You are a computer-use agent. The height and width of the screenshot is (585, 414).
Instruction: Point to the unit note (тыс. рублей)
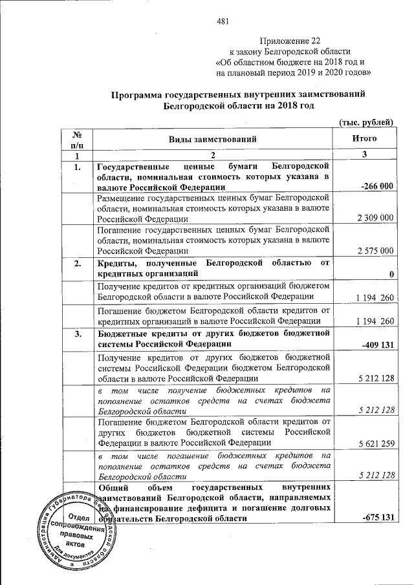(367, 122)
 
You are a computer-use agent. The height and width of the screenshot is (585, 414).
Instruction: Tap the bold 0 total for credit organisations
(392, 275)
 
